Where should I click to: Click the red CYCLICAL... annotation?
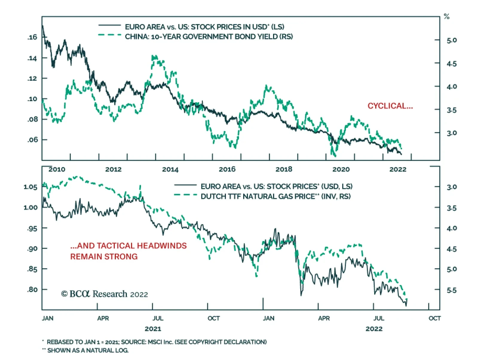[x=390, y=106]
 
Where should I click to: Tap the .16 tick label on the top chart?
[x=32, y=37]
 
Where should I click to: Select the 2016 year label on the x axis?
[x=227, y=169]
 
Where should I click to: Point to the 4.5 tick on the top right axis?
[x=451, y=64]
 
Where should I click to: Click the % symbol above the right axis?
[x=447, y=17]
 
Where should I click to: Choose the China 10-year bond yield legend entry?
[x=209, y=37]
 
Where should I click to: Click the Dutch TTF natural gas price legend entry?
[x=275, y=196]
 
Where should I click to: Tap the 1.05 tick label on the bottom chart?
[x=30, y=187]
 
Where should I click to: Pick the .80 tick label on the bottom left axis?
[x=32, y=289]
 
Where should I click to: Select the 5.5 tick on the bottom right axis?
[x=451, y=290]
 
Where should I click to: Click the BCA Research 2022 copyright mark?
[x=105, y=294]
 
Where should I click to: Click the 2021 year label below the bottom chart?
[x=153, y=329]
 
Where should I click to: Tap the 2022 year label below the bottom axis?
[x=374, y=329]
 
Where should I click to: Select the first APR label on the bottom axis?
[x=103, y=318]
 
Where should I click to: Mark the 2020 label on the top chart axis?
[x=341, y=169]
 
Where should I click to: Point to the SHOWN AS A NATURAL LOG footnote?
[x=88, y=350]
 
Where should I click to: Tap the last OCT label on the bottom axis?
[x=434, y=318]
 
